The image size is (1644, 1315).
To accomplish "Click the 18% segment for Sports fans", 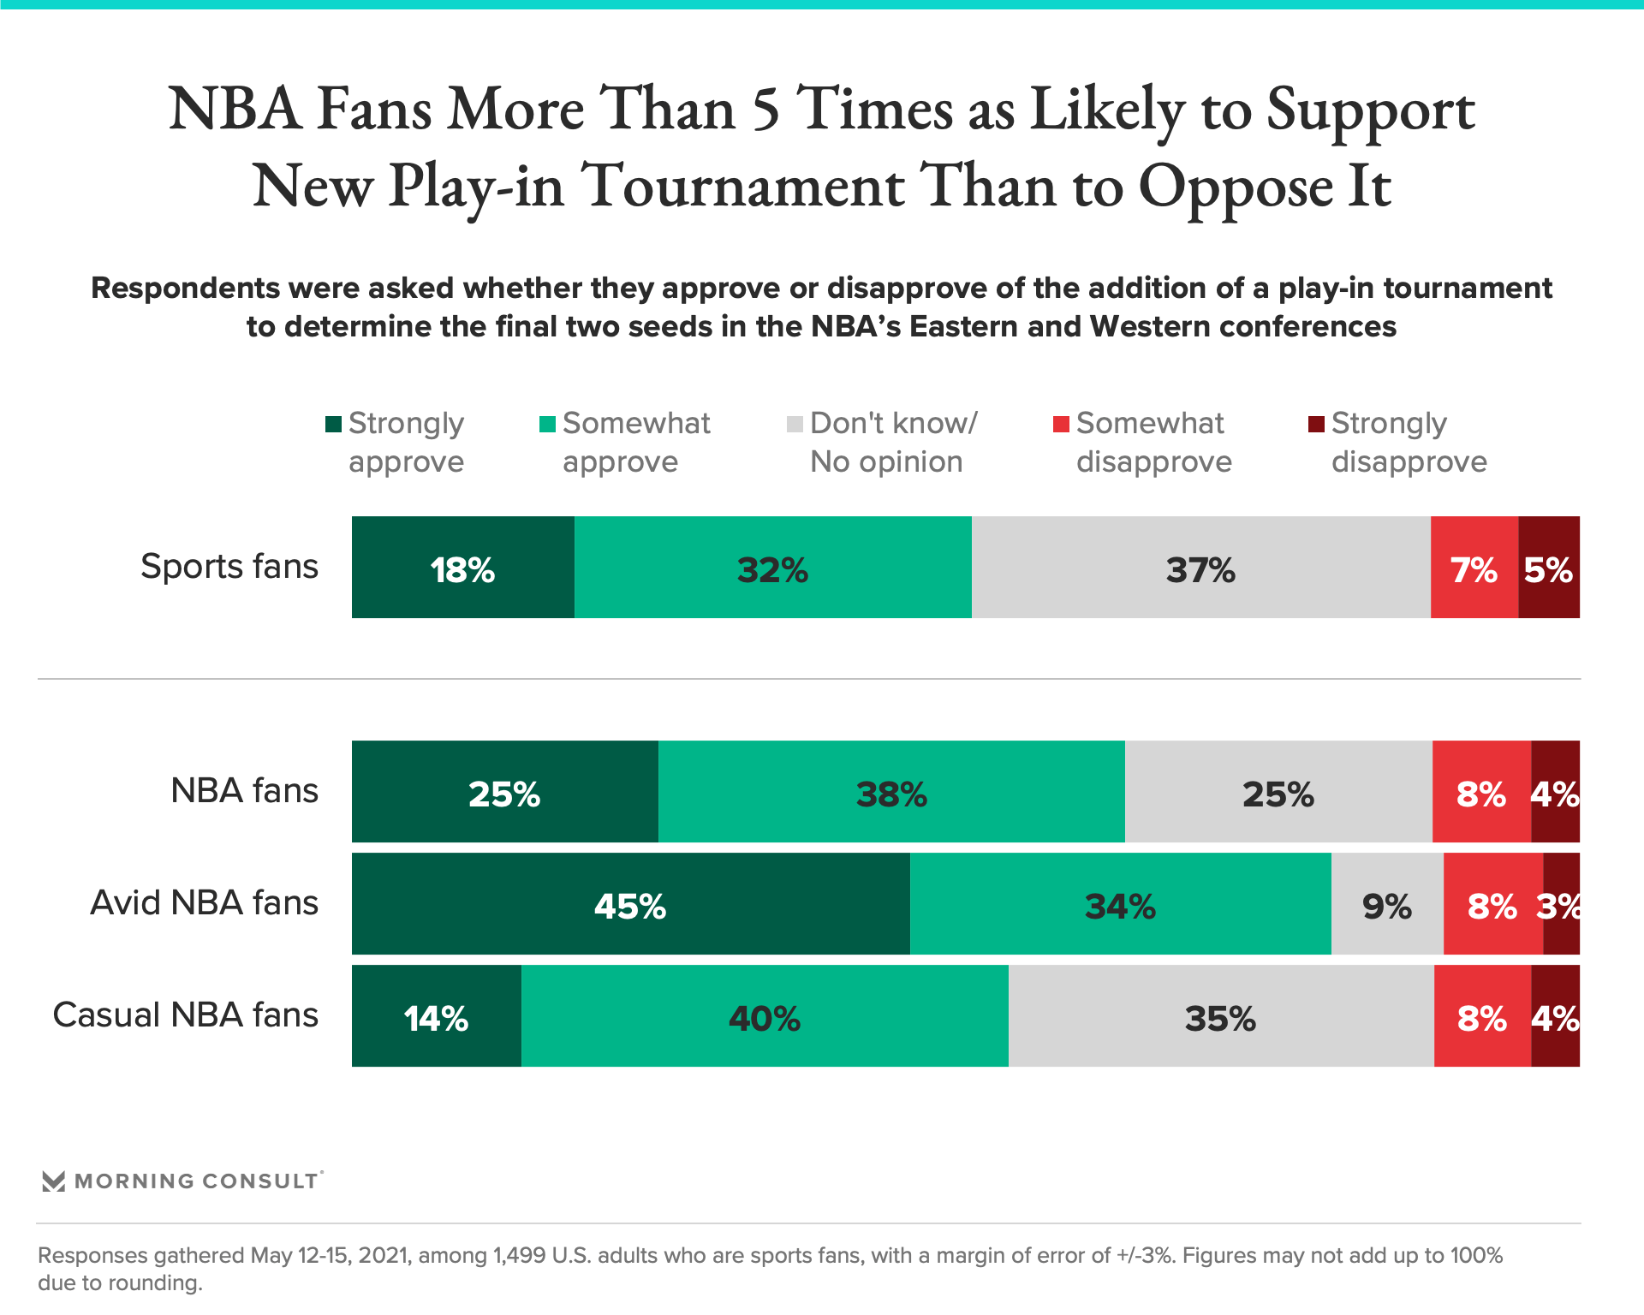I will tap(462, 567).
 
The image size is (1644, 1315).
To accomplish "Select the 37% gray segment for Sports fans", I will tap(1200, 567).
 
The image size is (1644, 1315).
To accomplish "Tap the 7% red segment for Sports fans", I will tap(1474, 567).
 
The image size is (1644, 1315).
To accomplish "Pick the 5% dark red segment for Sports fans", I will tap(1548, 567).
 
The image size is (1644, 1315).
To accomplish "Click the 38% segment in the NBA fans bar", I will tap(890, 792).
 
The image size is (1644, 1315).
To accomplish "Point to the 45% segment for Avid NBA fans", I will tap(630, 904).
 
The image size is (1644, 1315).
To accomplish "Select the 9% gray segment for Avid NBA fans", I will tap(1387, 904).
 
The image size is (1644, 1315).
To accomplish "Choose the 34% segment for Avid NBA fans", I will tap(1120, 904).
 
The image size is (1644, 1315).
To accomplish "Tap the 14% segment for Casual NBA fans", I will tap(436, 1016).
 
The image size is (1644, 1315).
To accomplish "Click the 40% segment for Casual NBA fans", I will tap(764, 1016).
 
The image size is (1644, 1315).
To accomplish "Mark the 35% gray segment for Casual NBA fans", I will tap(1220, 1016).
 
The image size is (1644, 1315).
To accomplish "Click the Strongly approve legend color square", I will tap(333, 424).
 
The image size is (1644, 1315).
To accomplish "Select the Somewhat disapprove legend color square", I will tap(1061, 424).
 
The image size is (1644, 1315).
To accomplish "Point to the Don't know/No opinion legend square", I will tap(795, 424).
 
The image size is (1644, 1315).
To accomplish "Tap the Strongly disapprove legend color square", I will tap(1316, 424).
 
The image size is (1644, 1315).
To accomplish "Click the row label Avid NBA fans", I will tap(204, 902).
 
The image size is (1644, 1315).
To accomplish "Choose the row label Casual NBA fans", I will tap(185, 1015).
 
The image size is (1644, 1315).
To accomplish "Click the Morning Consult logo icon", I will tap(54, 1181).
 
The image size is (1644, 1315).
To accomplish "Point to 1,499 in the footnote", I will tap(518, 1256).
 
